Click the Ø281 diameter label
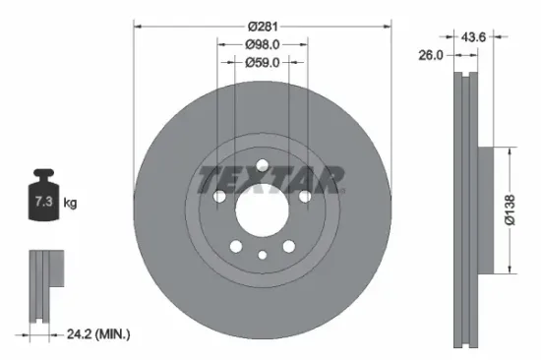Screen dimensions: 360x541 click(x=262, y=27)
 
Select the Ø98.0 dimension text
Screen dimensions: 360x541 click(x=262, y=44)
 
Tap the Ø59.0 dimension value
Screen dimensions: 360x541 click(x=262, y=62)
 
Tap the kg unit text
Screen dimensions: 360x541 click(x=70, y=203)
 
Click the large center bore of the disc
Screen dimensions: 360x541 click(x=262, y=207)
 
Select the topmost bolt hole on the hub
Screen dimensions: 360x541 click(x=262, y=164)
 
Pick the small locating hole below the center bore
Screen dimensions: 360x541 click(x=262, y=255)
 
